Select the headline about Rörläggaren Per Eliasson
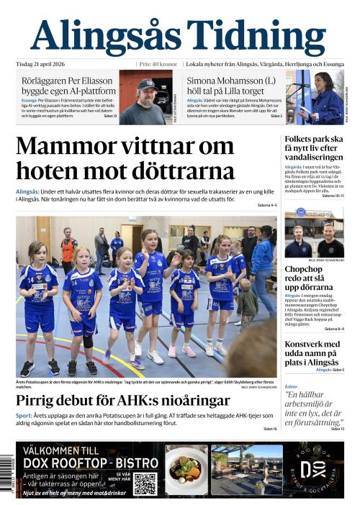68,86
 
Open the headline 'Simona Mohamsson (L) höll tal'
230,86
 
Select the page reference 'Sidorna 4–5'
266,206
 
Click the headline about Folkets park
313,147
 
